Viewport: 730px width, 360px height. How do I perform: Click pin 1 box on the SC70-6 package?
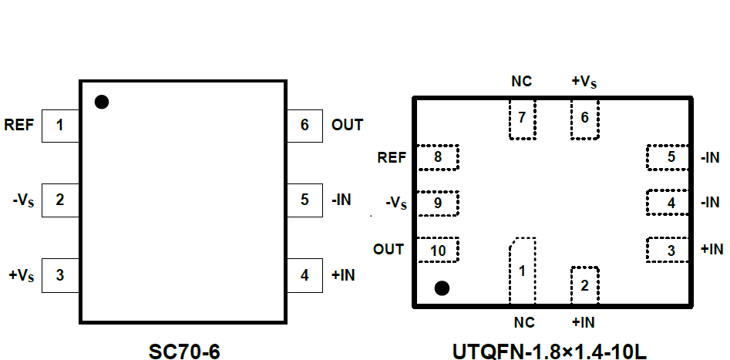[60, 125]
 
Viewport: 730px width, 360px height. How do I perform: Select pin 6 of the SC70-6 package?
[305, 125]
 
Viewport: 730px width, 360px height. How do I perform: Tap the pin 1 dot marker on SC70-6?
[101, 102]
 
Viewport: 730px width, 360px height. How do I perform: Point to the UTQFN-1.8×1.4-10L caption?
[549, 351]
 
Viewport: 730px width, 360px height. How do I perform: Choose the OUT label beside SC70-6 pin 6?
[347, 125]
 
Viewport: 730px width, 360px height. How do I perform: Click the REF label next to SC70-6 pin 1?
[19, 125]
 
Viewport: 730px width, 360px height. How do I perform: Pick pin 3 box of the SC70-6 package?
[60, 274]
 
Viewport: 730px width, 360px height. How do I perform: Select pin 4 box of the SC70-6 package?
[305, 274]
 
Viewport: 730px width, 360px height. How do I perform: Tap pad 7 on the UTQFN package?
[522, 119]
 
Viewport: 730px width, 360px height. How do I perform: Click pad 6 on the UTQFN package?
[584, 119]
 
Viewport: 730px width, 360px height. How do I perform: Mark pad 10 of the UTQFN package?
[437, 250]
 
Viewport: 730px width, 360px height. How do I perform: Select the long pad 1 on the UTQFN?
[522, 271]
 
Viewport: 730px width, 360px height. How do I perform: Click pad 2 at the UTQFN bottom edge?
[584, 286]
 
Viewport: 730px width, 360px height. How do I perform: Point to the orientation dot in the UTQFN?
[442, 288]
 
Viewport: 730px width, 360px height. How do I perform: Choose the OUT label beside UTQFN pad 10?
[389, 250]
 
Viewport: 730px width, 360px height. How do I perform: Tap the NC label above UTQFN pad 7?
[522, 81]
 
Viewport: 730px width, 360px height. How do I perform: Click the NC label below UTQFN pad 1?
[522, 321]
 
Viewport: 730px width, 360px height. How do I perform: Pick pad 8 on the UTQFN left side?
[437, 157]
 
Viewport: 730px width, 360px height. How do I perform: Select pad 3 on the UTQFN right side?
[669, 250]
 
